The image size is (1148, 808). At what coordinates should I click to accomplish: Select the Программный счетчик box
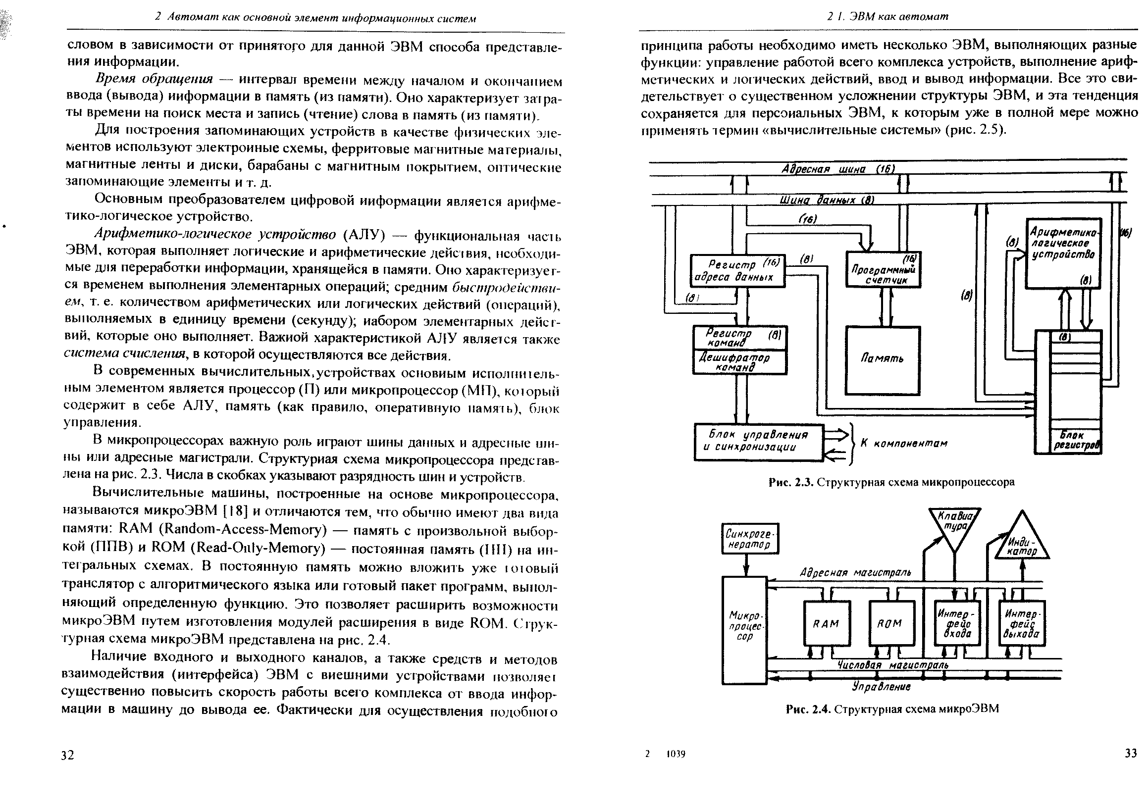(883, 269)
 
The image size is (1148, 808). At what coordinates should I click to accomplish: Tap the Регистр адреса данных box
(737, 271)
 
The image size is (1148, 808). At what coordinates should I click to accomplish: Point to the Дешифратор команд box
(739, 362)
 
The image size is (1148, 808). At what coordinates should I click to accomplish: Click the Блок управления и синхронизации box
(759, 442)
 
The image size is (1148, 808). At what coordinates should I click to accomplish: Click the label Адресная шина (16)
(838, 169)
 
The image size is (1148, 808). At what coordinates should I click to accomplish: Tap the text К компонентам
(904, 443)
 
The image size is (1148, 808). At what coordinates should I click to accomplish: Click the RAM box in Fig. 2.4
(826, 623)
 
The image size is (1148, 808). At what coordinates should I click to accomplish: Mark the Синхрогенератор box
(750, 539)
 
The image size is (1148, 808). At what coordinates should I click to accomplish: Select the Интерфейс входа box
(957, 623)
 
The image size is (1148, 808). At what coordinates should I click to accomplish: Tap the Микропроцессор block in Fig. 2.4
(744, 630)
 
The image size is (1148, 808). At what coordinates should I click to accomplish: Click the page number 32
(67, 755)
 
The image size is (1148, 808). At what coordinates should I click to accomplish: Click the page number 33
(1131, 753)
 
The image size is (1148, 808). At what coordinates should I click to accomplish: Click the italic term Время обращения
(154, 79)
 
